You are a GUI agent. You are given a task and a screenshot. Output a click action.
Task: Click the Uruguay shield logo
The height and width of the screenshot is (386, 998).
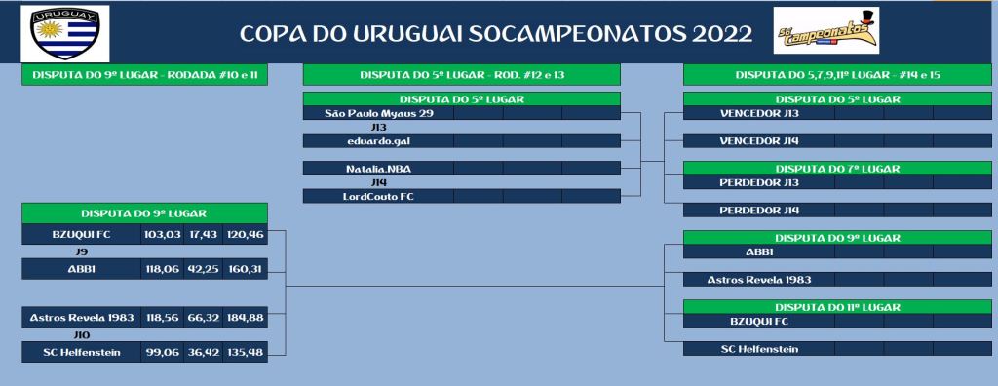point(65,33)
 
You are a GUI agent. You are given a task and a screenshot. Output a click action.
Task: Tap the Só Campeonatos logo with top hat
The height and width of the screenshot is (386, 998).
point(826,30)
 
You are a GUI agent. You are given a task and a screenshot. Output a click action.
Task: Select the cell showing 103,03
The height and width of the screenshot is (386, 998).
point(162,234)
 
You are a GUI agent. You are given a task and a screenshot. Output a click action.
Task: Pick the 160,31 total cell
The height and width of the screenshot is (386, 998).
point(245,269)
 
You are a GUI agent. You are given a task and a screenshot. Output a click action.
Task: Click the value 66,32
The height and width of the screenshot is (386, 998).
point(203,317)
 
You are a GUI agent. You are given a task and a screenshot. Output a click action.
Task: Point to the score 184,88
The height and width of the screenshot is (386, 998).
point(245,317)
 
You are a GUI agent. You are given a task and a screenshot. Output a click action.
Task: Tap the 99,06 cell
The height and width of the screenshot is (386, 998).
point(162,352)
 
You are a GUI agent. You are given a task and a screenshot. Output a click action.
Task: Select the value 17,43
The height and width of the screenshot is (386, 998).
point(203,234)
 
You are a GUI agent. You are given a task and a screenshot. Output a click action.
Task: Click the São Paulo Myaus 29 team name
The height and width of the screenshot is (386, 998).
point(379,113)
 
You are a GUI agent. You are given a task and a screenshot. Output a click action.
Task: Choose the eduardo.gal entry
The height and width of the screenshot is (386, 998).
point(378,140)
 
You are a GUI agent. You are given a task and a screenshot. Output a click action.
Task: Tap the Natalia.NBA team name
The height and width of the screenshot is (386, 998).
point(378,169)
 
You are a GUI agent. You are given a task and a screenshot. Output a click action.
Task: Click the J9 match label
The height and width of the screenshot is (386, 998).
point(82,251)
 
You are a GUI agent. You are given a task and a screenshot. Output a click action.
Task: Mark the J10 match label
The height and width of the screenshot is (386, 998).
point(82,335)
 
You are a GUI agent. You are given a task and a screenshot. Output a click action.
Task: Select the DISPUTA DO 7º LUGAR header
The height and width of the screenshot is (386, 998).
point(837,169)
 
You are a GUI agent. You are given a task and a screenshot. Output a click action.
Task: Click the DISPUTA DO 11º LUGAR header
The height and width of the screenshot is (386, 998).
point(837,307)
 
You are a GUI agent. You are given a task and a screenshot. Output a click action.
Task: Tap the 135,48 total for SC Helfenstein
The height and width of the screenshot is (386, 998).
point(245,352)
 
